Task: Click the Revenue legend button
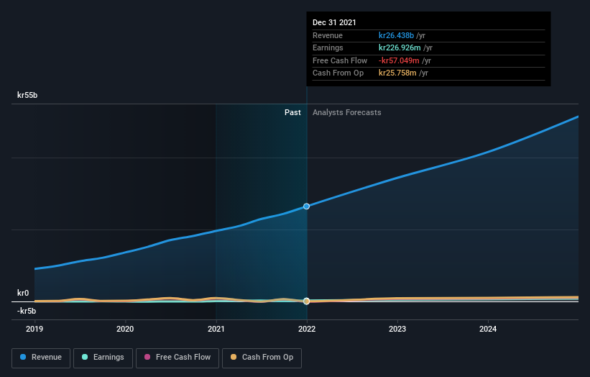pos(41,357)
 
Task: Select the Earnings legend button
pos(103,357)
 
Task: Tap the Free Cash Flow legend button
pos(177,357)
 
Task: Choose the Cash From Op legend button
pos(262,357)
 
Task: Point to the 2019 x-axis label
pos(34,329)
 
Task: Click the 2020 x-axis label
pos(125,329)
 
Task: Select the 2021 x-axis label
pos(216,329)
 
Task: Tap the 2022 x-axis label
pos(307,329)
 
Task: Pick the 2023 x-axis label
pos(397,329)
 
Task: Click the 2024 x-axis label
pos(488,329)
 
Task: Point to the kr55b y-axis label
pos(27,95)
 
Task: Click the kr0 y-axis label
pos(23,293)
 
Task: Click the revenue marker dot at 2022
pos(307,206)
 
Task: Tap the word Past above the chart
pos(292,112)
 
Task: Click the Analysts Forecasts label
pos(346,112)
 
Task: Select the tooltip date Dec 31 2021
pos(334,23)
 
